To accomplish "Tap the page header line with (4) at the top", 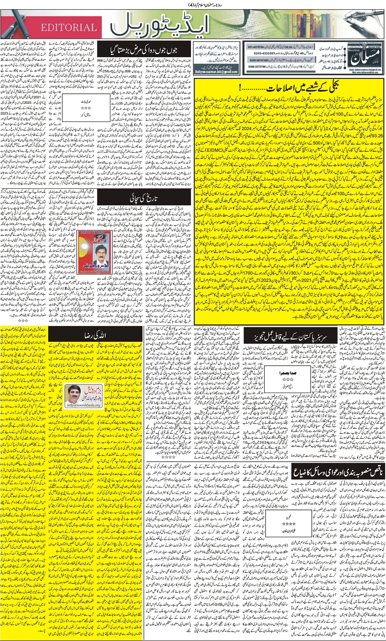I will (193, 4).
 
